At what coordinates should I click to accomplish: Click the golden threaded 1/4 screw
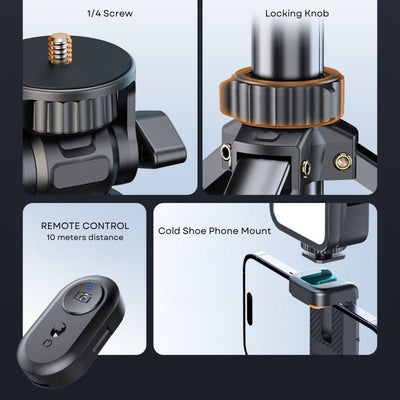pos(60,48)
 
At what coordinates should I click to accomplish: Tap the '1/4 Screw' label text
pos(110,14)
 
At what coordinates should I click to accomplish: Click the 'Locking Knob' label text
pos(297,14)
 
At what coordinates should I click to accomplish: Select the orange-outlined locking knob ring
pos(280,97)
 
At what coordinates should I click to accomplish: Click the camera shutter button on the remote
pos(83,297)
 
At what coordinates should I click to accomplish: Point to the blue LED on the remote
pos(90,288)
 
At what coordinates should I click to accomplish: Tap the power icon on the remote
pos(46,343)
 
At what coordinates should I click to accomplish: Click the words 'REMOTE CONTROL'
pos(85,226)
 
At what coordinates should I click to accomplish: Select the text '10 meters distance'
pos(85,238)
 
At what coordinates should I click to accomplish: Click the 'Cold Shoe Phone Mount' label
pos(214,231)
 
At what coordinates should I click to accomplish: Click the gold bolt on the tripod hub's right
pos(343,161)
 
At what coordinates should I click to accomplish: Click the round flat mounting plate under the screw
pos(79,69)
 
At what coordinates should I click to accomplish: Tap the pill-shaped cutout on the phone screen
pos(250,309)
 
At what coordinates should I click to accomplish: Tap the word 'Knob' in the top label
pos(317,14)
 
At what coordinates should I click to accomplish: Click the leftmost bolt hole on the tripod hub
pos(226,153)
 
